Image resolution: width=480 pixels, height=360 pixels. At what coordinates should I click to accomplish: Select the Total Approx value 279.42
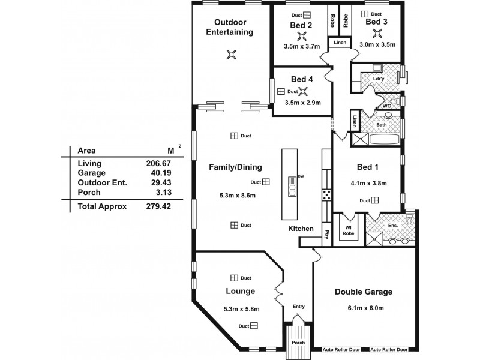click(x=158, y=206)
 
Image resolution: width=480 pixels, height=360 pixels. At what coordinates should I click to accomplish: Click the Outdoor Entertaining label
click(x=229, y=27)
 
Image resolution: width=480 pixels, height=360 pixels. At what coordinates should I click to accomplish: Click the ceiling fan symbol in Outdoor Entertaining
click(x=229, y=55)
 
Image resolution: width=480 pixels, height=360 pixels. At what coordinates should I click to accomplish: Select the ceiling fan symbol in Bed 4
click(x=304, y=91)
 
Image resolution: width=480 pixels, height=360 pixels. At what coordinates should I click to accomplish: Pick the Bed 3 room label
click(x=376, y=22)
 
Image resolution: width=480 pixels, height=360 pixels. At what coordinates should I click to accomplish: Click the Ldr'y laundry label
click(x=378, y=79)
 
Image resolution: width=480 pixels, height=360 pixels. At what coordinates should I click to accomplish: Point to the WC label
click(x=387, y=106)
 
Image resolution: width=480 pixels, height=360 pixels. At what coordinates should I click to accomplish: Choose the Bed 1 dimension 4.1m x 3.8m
click(x=368, y=183)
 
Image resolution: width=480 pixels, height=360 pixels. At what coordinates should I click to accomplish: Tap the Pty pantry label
click(x=327, y=233)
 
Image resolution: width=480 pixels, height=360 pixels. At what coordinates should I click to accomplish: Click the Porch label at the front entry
click(x=298, y=343)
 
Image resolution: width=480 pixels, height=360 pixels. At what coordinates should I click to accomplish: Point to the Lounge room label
click(x=241, y=291)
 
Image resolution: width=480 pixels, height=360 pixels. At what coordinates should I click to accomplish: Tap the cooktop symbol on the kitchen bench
click(x=327, y=194)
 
